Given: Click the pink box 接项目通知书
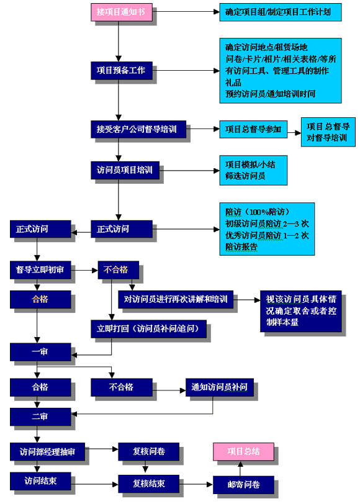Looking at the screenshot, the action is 122,12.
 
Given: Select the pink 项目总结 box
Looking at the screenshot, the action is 244,452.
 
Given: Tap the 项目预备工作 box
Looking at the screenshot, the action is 122,71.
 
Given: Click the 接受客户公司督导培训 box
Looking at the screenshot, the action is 138,129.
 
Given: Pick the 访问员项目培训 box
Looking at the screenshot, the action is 125,170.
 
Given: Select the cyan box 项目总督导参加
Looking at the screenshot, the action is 253,129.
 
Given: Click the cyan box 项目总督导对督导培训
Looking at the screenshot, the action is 328,132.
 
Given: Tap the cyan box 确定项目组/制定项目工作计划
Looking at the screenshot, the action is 281,12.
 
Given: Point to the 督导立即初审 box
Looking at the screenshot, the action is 40,270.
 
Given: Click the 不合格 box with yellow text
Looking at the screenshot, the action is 119,270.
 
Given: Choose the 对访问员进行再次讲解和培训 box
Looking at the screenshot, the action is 176,300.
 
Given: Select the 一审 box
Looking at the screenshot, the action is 40,352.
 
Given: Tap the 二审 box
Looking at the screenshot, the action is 40,417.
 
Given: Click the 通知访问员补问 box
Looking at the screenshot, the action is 220,387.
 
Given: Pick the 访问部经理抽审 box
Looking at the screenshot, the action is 47,452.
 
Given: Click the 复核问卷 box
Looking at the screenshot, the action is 148,452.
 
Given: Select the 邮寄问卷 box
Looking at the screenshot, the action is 244,485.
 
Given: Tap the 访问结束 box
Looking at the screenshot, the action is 40,481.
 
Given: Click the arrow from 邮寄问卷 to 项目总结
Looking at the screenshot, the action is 240,469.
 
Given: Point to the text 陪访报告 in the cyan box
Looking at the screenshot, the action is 241,247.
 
